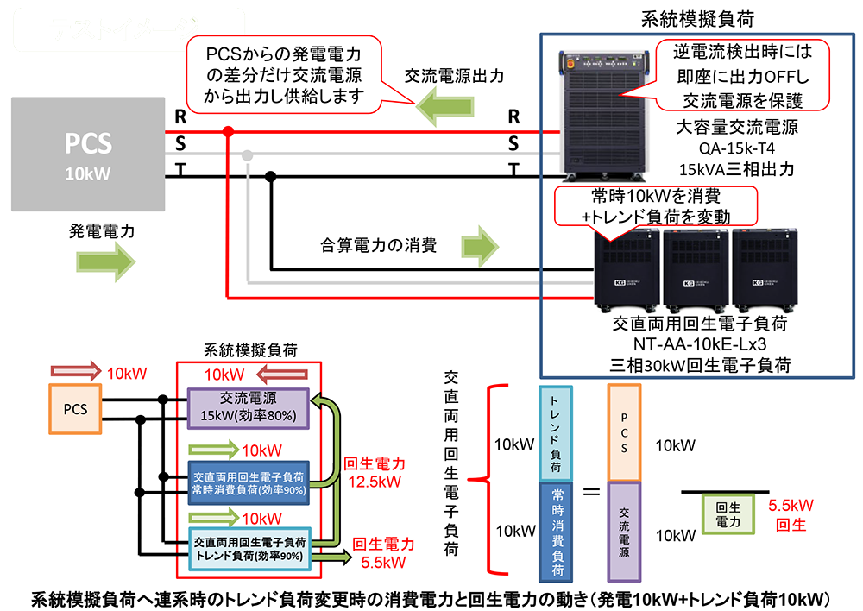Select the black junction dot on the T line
(270, 177)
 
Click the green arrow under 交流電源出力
(448, 107)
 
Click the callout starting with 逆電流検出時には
(742, 75)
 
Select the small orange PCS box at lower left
(74, 409)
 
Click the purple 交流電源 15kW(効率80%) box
(247, 408)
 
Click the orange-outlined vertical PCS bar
(623, 432)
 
